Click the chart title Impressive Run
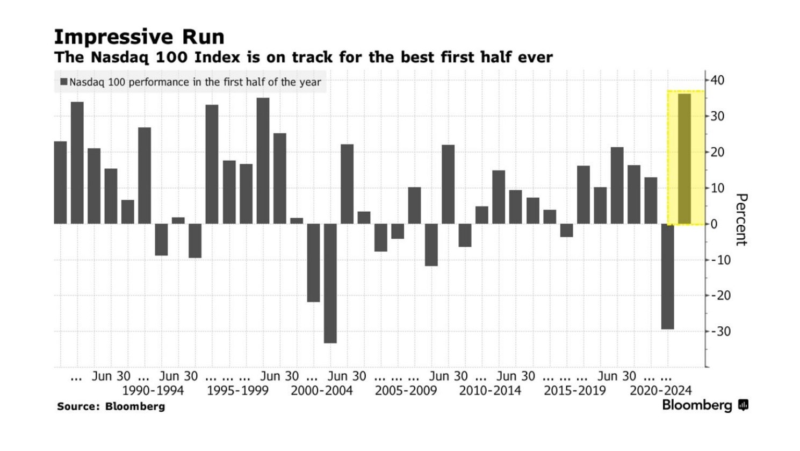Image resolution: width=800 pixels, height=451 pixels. (x=139, y=37)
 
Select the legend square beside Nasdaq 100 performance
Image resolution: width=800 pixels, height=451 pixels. (x=64, y=82)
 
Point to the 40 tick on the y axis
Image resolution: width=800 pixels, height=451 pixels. (x=717, y=80)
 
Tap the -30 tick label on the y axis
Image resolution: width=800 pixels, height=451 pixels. (x=720, y=331)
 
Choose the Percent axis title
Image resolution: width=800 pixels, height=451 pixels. (x=741, y=219)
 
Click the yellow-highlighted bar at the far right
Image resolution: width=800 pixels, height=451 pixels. (x=684, y=159)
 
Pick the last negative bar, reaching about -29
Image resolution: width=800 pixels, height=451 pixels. (x=667, y=276)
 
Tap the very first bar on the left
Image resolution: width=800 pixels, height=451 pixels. (x=61, y=182)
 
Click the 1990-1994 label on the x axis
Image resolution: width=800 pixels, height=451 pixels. (x=153, y=390)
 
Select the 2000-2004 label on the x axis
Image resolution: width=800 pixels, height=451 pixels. (x=322, y=390)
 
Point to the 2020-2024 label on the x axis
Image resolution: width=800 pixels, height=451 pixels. (x=660, y=390)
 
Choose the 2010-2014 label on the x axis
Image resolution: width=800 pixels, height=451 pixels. (x=490, y=390)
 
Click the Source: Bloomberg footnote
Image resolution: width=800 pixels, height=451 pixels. (x=111, y=406)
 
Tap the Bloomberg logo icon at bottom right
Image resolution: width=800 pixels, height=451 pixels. (x=744, y=405)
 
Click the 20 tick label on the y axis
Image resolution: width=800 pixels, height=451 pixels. (x=717, y=152)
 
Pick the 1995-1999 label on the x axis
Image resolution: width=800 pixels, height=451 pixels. (x=237, y=390)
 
